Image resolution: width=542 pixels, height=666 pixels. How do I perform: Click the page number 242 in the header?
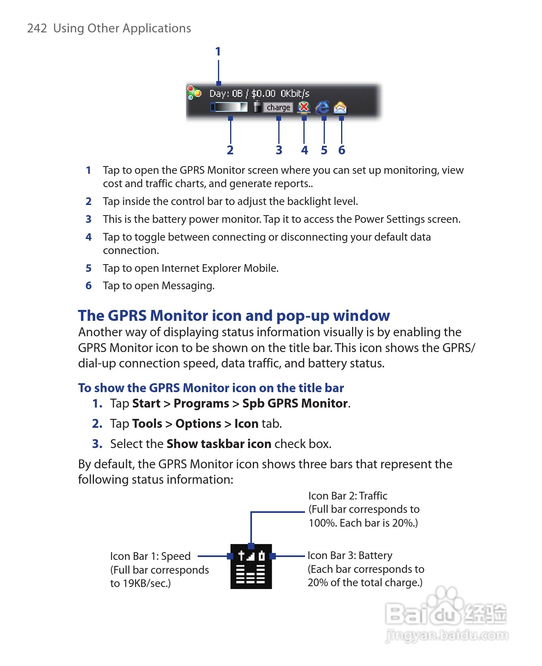point(37,28)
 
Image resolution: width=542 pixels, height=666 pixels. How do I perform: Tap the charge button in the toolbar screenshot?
point(278,107)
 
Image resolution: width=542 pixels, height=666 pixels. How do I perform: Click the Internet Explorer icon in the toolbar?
point(322,107)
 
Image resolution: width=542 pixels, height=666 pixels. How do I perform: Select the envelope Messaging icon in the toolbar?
point(340,108)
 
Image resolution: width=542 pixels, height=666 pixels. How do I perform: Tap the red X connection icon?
point(303,107)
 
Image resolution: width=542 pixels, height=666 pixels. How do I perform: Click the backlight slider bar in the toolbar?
point(229,107)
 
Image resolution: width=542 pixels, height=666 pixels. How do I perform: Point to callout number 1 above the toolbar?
point(218,51)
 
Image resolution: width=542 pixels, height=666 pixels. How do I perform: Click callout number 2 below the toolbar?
point(230,150)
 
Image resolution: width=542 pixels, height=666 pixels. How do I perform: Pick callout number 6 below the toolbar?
point(341,150)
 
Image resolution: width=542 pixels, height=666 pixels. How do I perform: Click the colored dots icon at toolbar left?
point(194,93)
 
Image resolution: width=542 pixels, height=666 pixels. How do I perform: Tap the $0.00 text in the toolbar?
point(263,94)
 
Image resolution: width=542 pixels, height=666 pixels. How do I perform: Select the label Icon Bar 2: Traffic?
point(348,496)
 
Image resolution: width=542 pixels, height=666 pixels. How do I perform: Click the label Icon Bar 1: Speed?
point(150,556)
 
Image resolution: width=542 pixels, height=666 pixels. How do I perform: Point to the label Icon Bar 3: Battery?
point(350,555)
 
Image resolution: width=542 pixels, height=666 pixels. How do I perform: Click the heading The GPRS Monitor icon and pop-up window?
point(234,316)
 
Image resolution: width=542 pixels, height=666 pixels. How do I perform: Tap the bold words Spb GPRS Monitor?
point(295,403)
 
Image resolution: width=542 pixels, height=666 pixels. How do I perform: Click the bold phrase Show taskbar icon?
point(219,444)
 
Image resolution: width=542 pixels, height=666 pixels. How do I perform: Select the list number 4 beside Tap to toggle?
point(89,237)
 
